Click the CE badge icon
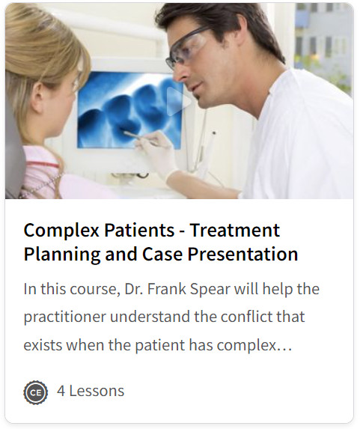(x=36, y=392)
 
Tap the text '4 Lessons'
(x=91, y=391)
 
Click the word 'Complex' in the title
(x=61, y=231)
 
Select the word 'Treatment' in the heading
(x=235, y=230)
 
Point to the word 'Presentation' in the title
(x=242, y=254)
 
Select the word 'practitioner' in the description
(x=65, y=317)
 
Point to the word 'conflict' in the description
(x=245, y=317)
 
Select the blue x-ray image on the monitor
(x=130, y=109)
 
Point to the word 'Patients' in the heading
(x=139, y=230)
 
